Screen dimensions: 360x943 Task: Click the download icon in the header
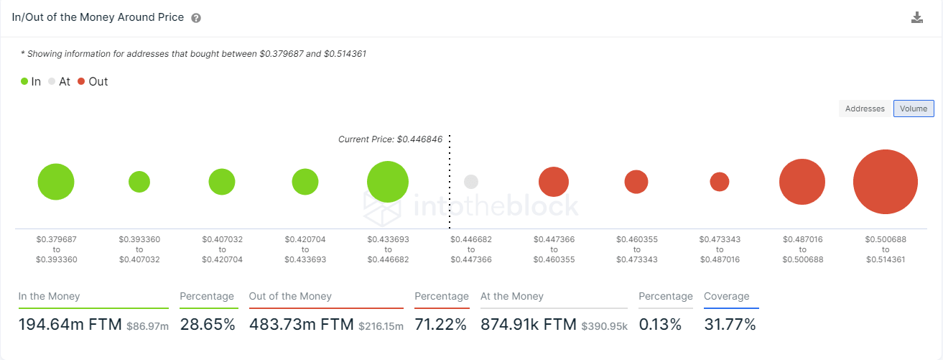[917, 18]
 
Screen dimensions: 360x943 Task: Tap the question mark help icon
[196, 18]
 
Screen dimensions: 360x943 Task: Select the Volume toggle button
[914, 109]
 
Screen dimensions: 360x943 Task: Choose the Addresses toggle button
[865, 109]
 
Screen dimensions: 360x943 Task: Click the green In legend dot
[24, 82]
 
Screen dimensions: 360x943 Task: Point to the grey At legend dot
[52, 82]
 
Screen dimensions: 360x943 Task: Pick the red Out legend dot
[81, 82]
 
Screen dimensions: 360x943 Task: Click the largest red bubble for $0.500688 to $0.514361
[885, 182]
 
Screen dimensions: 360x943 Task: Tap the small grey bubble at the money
[471, 182]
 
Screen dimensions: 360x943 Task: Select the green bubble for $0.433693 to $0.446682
[388, 182]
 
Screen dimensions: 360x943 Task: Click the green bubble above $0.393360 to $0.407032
[139, 182]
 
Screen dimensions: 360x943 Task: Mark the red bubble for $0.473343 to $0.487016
[720, 182]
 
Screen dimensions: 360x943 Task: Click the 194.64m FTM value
[70, 325]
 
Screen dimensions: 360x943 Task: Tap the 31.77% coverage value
[730, 325]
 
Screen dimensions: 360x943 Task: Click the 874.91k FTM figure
[528, 325]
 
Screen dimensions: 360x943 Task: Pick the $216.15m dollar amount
[381, 326]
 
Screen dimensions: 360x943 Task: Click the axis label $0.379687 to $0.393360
[56, 249]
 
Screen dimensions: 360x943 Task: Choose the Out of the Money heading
[290, 296]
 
